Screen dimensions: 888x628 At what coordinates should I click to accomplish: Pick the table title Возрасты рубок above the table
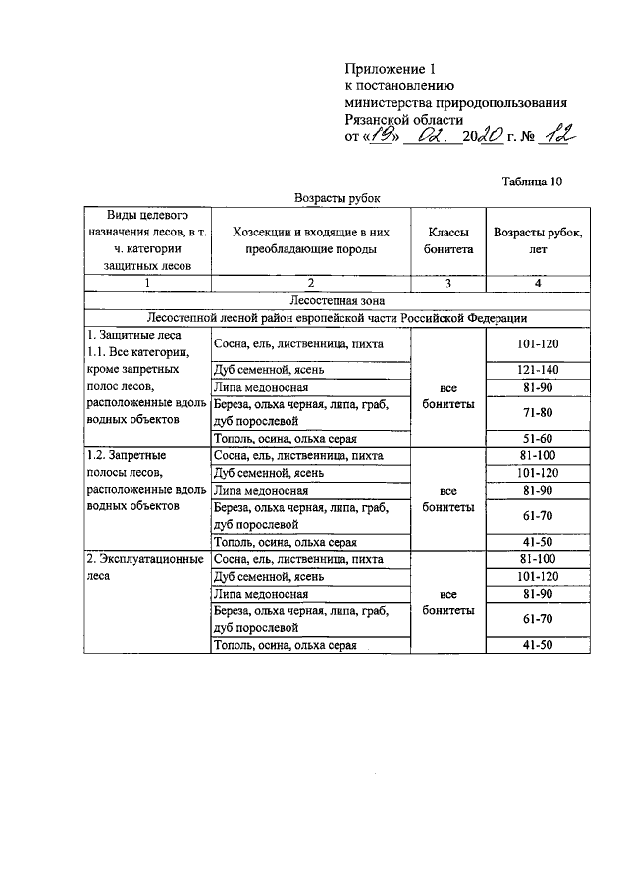[337, 198]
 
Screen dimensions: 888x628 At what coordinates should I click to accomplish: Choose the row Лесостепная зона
[338, 300]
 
